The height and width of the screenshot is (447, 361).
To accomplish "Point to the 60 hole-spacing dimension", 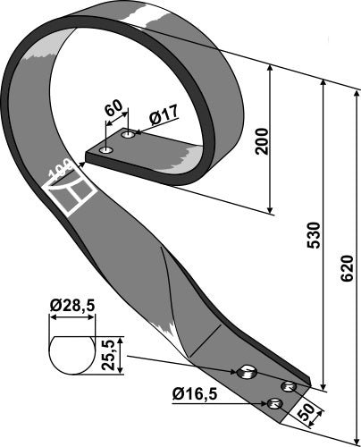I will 113,110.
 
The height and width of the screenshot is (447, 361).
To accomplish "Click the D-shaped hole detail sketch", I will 71,353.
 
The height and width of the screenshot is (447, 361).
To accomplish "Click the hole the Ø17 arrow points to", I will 129,135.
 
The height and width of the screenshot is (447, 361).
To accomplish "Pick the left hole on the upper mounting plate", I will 106,149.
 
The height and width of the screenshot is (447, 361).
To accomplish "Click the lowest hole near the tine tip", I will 276,406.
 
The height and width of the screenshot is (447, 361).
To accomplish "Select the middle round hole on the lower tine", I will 288,386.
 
